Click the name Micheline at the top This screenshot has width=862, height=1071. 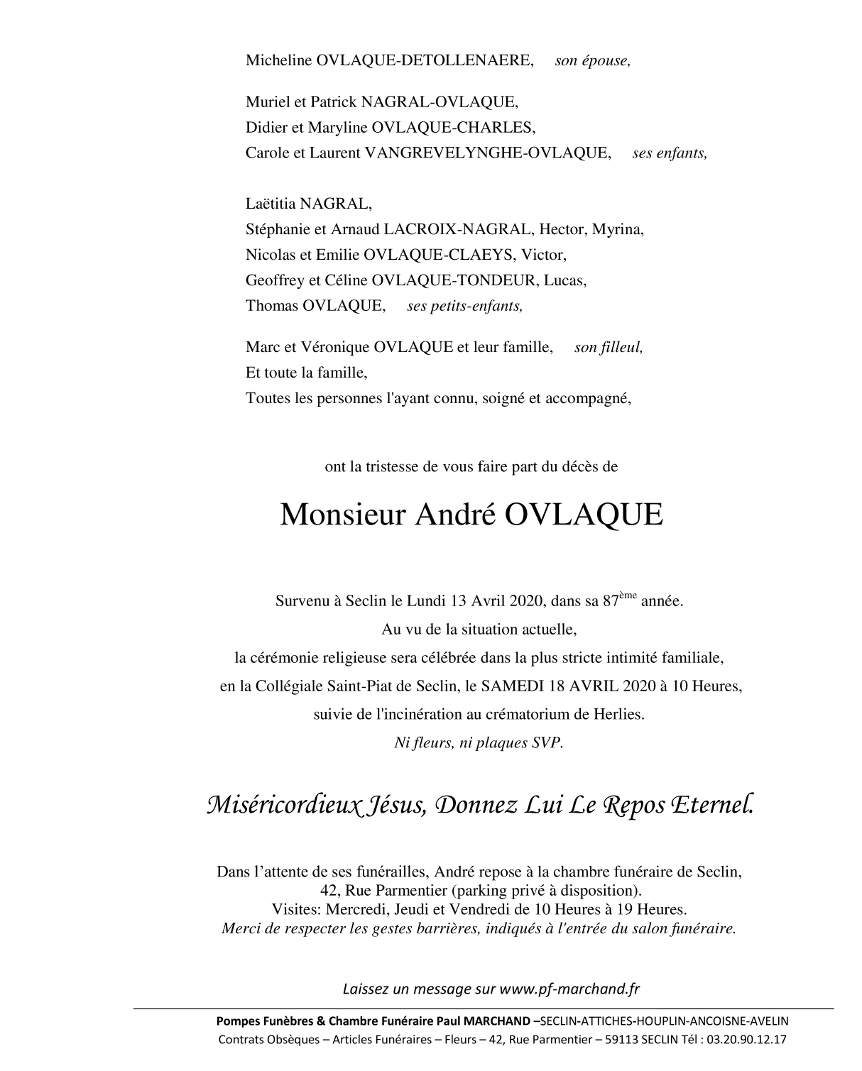tap(278, 60)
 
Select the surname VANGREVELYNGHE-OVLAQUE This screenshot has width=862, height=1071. tap(487, 153)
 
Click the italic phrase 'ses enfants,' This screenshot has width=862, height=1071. tap(670, 153)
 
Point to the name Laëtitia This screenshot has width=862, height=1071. tap(271, 204)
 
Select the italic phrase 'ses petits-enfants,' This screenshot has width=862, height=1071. tap(464, 307)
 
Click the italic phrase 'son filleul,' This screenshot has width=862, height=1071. tap(609, 348)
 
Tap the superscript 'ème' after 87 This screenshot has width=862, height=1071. tap(628, 595)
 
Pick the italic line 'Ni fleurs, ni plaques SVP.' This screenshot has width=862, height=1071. tap(479, 743)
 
